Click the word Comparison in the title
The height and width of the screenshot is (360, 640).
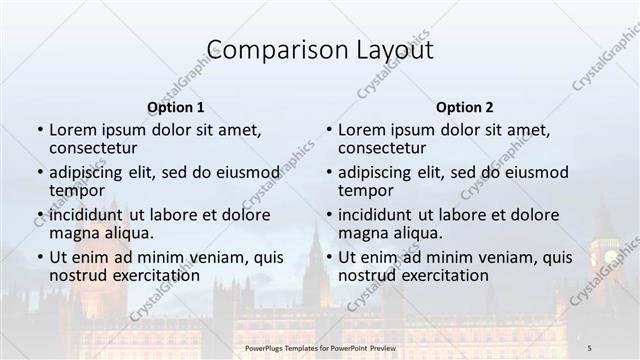click(263, 49)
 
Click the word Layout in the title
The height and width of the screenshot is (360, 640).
click(390, 49)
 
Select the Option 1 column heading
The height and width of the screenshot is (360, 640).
click(175, 107)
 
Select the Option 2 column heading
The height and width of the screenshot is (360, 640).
click(465, 107)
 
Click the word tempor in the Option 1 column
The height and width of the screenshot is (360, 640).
click(76, 191)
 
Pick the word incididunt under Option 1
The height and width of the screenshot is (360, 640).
click(91, 214)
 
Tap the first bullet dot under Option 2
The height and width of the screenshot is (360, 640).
click(329, 130)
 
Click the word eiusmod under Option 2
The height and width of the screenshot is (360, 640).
click(537, 171)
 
